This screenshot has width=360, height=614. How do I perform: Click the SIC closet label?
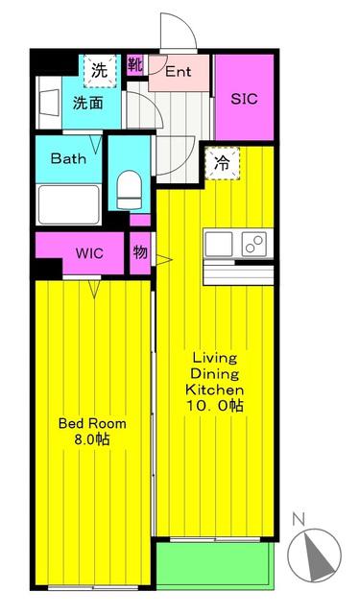coord(244,99)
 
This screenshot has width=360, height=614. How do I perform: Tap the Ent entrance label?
coord(179,72)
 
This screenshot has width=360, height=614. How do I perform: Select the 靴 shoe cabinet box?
coord(135,65)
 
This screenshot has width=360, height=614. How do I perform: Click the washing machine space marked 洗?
coord(100,71)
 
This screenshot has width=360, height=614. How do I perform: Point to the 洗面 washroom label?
coord(88,103)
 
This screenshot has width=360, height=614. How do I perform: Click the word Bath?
coord(68,158)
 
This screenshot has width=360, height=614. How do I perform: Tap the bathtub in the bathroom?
coord(68,204)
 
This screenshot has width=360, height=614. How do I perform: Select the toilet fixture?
coord(130,191)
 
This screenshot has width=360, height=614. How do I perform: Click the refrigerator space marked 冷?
coord(222,163)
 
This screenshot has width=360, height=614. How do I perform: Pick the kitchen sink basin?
coord(219,244)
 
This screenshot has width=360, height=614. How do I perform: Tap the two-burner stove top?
coord(253,244)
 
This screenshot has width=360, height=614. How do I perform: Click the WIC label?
coord(89,253)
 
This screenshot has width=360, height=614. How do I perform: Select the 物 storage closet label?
coord(140,252)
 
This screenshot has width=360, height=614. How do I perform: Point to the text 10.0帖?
coord(215,406)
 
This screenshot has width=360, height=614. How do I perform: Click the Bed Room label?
coord(92,423)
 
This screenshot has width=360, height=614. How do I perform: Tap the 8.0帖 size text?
coord(91,439)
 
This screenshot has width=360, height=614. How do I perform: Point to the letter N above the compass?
coord(299,519)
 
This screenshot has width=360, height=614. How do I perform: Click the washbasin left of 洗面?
coord(50,103)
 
